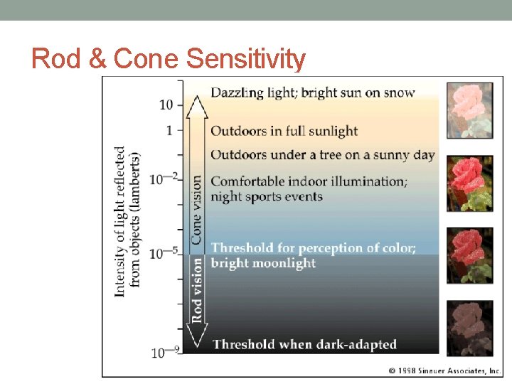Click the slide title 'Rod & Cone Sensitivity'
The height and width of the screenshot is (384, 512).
[x=169, y=58]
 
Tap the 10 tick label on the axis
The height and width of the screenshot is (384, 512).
[x=166, y=105]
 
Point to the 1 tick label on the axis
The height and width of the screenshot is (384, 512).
[x=169, y=130]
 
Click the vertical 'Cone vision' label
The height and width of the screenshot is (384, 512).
[x=196, y=210]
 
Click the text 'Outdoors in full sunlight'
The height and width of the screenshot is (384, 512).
[x=284, y=132]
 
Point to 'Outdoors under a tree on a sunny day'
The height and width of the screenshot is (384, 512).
[x=322, y=155]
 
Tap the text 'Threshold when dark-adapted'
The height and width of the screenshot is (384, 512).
[x=304, y=345]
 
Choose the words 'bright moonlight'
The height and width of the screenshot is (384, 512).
[x=262, y=263]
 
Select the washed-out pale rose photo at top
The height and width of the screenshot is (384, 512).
[x=469, y=111]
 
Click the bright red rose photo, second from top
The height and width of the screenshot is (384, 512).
[x=469, y=183]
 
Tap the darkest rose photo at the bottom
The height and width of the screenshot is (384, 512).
[x=469, y=328]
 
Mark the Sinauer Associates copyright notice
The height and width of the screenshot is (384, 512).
[x=444, y=370]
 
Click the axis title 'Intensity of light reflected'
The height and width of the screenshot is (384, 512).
[x=120, y=221]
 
